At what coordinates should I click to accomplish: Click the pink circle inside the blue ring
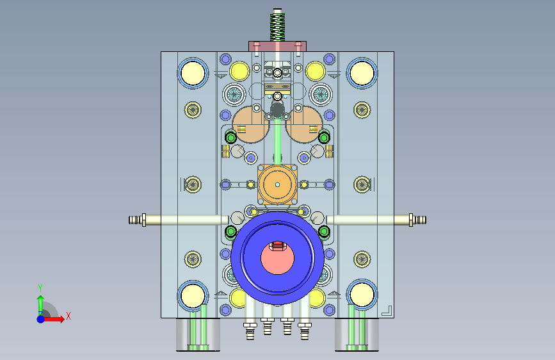277,258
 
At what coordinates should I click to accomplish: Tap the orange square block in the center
277,184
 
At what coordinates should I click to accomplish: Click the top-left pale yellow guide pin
193,73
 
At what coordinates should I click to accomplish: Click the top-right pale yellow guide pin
362,73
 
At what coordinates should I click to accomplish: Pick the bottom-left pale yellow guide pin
193,295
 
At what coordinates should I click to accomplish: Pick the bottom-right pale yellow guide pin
362,295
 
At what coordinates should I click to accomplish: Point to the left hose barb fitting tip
129,220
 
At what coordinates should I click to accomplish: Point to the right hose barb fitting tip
426,220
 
